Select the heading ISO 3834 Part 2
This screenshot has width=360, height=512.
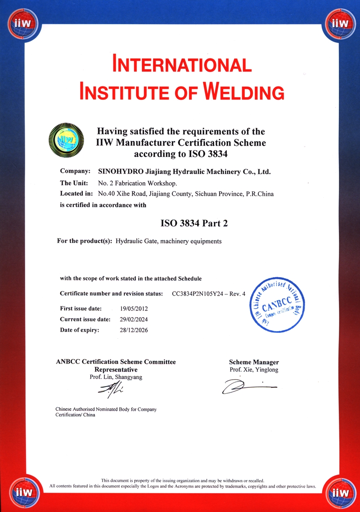[x=191, y=222]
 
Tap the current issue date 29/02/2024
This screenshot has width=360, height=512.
[x=134, y=319]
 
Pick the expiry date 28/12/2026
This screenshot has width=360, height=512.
[x=134, y=330]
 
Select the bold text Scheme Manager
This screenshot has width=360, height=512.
[x=254, y=362]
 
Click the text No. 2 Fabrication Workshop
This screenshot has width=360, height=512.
[x=137, y=183]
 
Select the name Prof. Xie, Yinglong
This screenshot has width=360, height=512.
[x=254, y=370]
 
